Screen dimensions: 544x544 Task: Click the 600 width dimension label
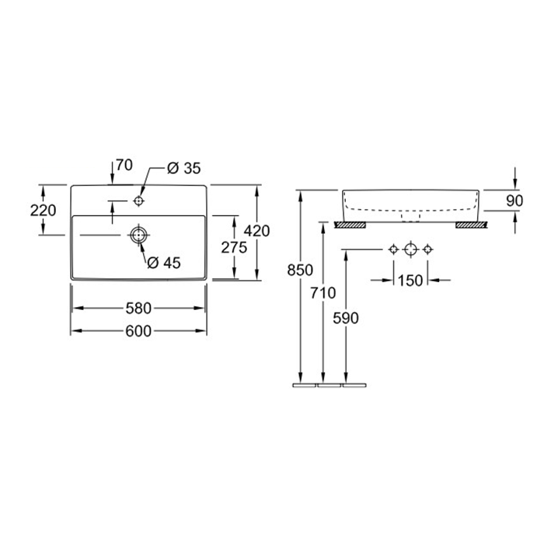point(138,331)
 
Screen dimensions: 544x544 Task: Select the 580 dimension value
point(138,308)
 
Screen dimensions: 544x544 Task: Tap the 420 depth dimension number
point(256,231)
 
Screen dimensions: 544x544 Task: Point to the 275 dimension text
point(234,247)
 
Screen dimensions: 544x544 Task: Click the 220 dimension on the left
point(43,211)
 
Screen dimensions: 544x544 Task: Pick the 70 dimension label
point(124,165)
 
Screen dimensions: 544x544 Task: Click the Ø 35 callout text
point(184,169)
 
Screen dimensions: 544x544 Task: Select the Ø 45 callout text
point(164,263)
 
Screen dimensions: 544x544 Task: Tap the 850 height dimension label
point(300,270)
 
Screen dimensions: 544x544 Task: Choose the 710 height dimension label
point(323,293)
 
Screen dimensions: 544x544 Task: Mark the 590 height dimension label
point(346,318)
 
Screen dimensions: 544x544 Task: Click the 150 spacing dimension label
point(410,281)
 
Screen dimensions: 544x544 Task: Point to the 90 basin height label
point(514,201)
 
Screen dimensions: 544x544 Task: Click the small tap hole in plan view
point(139,201)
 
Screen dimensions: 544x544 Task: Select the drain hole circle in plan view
point(139,235)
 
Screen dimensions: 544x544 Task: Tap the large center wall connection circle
point(410,249)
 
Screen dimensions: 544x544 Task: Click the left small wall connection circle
point(393,249)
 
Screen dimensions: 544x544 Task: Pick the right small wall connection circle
point(427,249)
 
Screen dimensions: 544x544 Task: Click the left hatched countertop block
point(350,225)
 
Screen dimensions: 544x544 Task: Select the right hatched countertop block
point(472,225)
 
